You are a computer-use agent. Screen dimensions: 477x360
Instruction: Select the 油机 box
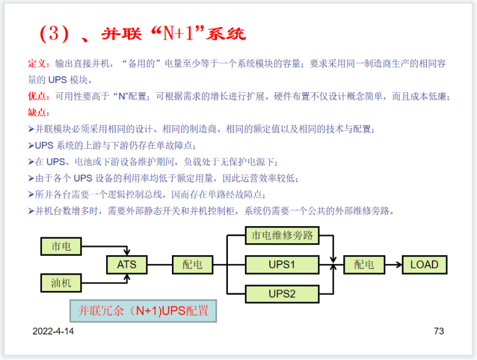click(61, 283)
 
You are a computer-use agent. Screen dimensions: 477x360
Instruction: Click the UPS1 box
click(282, 265)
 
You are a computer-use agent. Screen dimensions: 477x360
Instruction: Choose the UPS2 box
click(282, 293)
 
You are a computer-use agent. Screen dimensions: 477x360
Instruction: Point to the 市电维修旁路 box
click(282, 236)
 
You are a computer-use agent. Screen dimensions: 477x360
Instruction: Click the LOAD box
click(424, 265)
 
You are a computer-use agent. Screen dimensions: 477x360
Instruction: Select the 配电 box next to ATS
click(193, 265)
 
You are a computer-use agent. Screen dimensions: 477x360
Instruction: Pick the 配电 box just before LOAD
click(364, 265)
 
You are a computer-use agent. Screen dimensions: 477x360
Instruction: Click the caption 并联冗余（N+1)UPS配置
click(143, 311)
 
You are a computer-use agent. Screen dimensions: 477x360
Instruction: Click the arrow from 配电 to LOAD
click(393, 265)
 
